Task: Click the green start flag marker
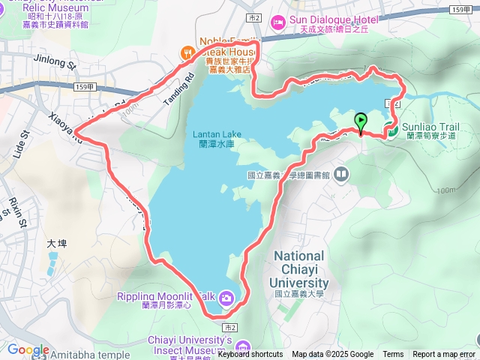coord(361,121)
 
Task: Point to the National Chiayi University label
coord(298,269)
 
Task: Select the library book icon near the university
coord(342,175)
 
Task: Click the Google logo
coord(28,349)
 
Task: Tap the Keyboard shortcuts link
coord(250,355)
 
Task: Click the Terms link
coord(393,355)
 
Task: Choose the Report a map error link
coord(443,355)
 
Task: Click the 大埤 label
coord(57,243)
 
